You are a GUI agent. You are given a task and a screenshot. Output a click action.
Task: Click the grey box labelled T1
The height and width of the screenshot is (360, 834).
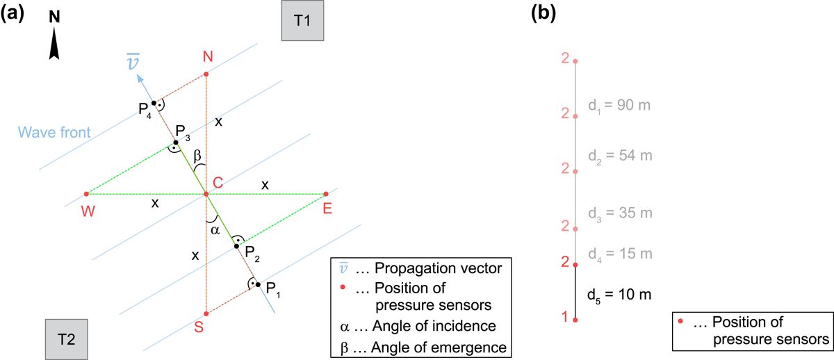pos(302,20)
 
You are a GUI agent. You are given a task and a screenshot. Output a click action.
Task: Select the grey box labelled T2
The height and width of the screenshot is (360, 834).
pos(67,339)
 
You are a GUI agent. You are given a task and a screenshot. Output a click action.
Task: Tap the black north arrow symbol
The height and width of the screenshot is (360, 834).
pos(54,43)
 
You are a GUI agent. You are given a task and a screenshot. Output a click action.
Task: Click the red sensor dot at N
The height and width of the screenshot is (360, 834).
pos(206,74)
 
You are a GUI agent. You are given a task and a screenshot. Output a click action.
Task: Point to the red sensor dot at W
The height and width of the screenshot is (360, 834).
pos(86,194)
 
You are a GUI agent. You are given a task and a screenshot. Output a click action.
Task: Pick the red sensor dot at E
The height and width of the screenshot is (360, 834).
pos(326,194)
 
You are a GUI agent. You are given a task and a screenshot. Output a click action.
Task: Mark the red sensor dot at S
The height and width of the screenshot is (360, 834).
pos(206,314)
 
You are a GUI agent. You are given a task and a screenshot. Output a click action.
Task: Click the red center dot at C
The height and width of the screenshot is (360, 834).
pos(206,194)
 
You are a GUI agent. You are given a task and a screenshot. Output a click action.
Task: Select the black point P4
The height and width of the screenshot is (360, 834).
pos(154,103)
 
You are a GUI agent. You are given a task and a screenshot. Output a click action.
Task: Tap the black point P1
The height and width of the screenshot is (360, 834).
pos(258,285)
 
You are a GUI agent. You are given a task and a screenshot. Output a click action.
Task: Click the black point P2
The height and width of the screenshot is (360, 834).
pos(236,246)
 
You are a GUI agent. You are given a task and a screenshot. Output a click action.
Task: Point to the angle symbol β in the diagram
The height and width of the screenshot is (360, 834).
pos(197,155)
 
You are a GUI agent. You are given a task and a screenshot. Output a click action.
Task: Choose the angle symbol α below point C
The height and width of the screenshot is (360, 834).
pos(215,231)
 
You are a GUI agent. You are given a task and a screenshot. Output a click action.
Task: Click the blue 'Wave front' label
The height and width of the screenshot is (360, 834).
pos(54,133)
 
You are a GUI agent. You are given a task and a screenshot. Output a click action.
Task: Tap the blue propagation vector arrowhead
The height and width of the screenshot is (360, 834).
pos(140,79)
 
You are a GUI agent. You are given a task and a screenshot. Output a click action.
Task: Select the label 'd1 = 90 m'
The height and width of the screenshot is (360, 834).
pos(619,106)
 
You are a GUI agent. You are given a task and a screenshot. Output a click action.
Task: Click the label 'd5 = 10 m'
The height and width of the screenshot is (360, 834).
pos(619,295)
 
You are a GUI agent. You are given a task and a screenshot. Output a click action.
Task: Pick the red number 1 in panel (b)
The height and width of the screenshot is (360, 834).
pos(565,317)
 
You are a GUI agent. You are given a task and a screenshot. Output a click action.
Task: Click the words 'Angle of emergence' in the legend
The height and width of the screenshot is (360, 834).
pos(439,347)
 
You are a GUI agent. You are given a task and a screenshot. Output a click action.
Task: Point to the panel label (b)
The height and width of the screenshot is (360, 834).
pos(543,14)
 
